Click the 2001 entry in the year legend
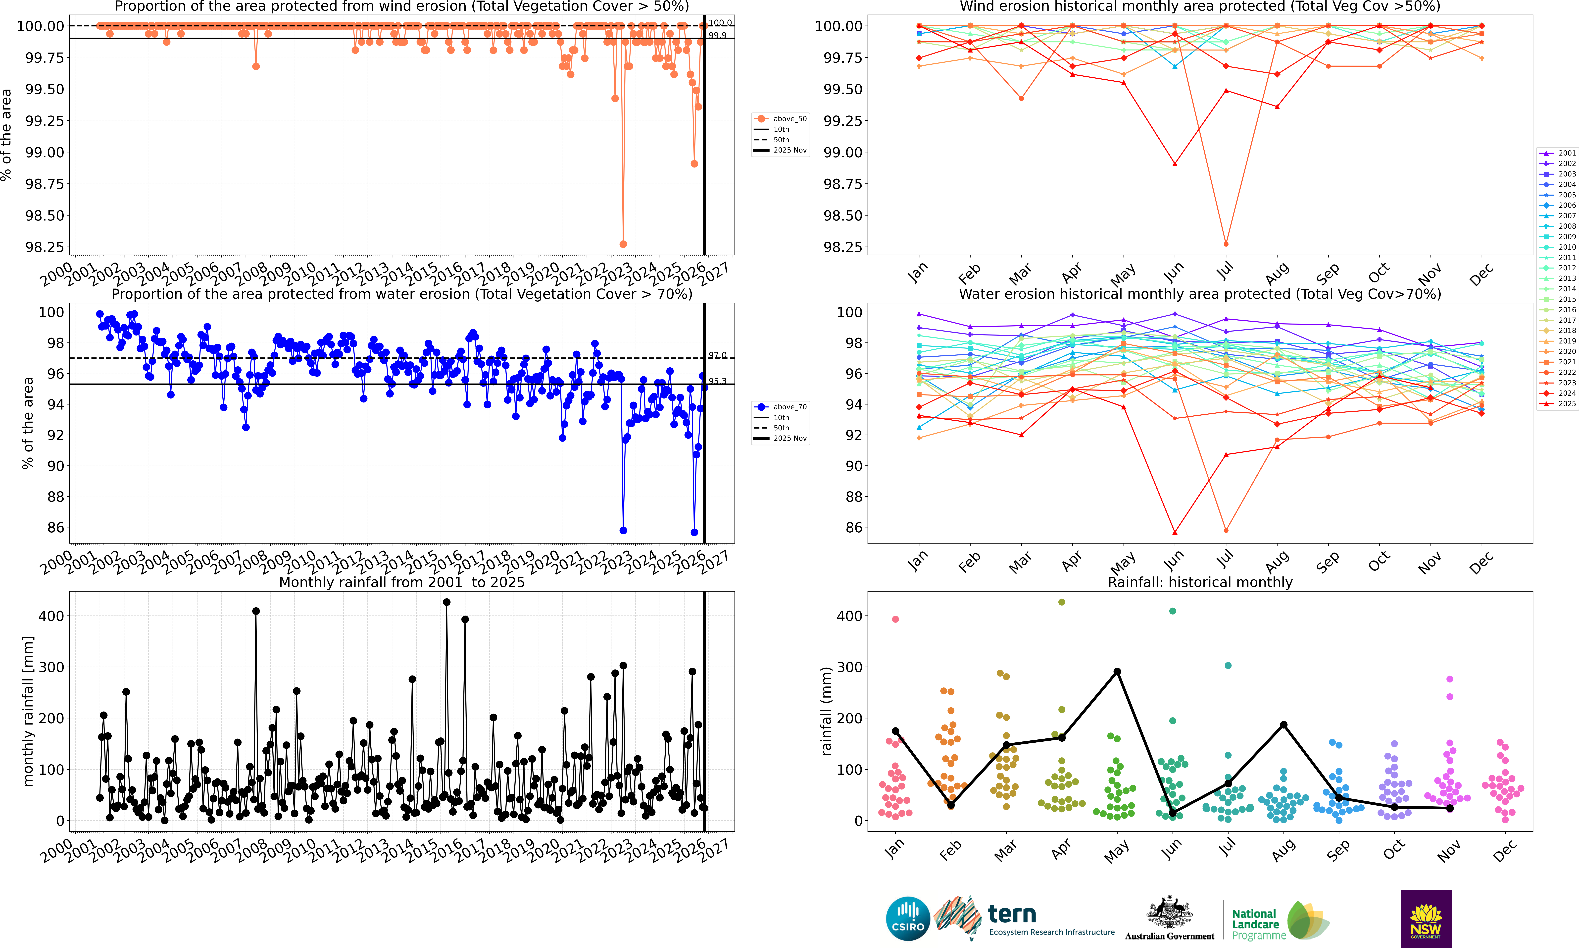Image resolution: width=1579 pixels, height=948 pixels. pos(1558,153)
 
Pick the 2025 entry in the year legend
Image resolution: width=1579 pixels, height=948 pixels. pos(1558,404)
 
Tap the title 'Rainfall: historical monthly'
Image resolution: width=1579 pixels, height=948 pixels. pos(1200,582)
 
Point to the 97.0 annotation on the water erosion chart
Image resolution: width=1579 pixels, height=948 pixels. pos(717,355)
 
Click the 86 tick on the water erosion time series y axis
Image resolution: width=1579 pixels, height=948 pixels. pos(55,528)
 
